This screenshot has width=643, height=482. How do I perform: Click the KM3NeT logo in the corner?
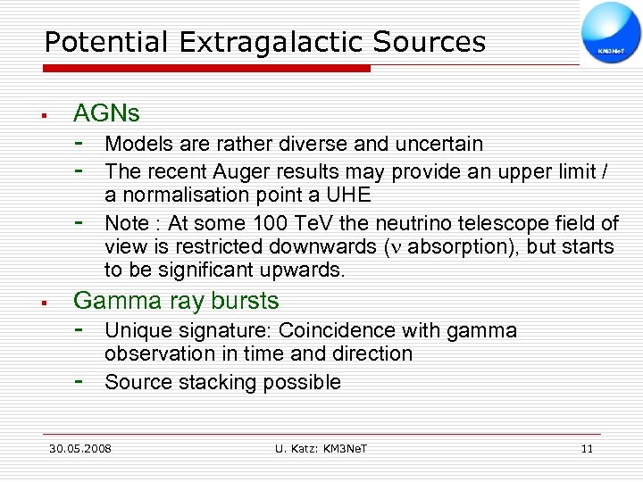[611, 33]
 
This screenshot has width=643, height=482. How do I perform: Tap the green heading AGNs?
[106, 113]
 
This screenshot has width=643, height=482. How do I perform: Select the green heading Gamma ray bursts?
[176, 301]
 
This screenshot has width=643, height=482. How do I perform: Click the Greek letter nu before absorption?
[396, 246]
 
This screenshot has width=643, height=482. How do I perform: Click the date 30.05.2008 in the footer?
[80, 448]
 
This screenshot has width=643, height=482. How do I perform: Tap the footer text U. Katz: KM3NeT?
[321, 448]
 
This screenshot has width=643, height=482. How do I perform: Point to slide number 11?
[587, 448]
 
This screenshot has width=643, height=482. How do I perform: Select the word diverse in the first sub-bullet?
[315, 144]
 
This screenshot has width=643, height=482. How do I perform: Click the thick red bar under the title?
[206, 68]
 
